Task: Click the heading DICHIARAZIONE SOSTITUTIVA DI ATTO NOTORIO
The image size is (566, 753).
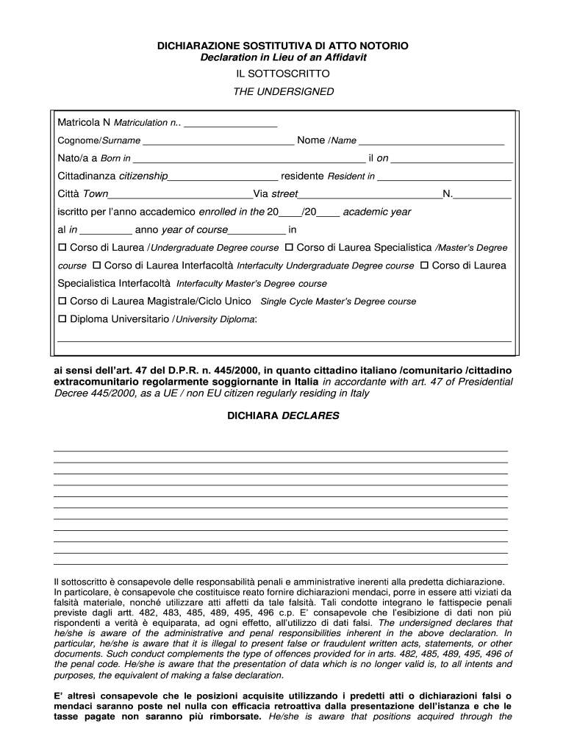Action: pyautogui.click(x=283, y=46)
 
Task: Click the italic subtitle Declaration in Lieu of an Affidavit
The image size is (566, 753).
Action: pyautogui.click(x=283, y=57)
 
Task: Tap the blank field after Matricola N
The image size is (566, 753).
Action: pyautogui.click(x=231, y=123)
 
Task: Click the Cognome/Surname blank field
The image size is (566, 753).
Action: pyautogui.click(x=218, y=140)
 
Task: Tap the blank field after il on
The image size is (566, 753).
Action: pyautogui.click(x=451, y=158)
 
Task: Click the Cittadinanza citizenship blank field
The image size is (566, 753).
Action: pyautogui.click(x=223, y=176)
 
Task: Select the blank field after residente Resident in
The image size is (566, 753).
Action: pyautogui.click(x=444, y=176)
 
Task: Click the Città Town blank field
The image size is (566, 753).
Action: pyautogui.click(x=180, y=194)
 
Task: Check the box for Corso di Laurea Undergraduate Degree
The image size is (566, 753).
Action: pyautogui.click(x=62, y=247)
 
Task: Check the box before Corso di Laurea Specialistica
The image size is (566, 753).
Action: pyautogui.click(x=289, y=247)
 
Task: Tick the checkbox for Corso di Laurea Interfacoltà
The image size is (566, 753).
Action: pyautogui.click(x=96, y=265)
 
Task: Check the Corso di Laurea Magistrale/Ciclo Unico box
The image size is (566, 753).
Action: pyautogui.click(x=62, y=301)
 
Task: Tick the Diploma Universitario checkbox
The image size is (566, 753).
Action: pyautogui.click(x=62, y=318)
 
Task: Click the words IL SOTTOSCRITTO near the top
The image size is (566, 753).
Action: pyautogui.click(x=283, y=74)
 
